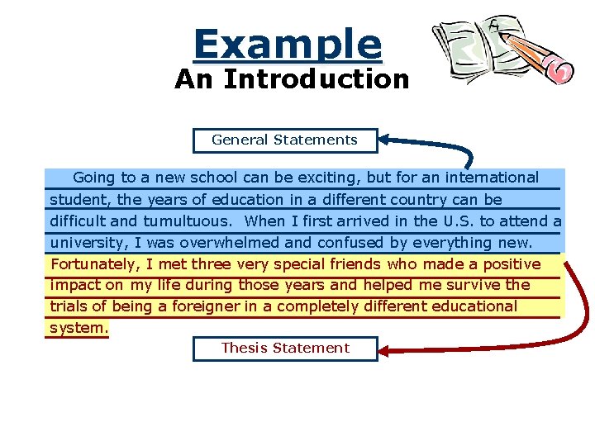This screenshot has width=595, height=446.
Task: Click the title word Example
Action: click(288, 44)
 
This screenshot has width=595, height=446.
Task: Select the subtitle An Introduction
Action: click(292, 79)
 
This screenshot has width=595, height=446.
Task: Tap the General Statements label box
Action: click(285, 140)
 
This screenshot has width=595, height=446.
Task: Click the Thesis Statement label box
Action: click(285, 349)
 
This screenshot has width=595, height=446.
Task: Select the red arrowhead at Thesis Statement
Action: click(388, 350)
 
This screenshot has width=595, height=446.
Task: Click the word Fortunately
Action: click(96, 264)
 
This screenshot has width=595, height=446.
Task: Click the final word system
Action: click(79, 328)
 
